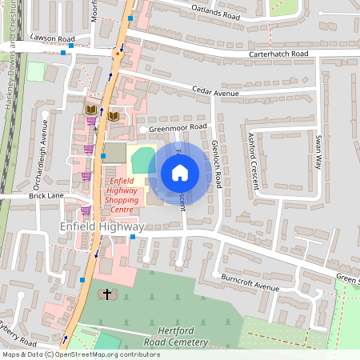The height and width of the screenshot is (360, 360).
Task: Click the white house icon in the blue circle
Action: point(180,173)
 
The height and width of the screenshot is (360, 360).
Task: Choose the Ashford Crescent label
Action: point(254,160)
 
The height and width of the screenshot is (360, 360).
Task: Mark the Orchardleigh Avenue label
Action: point(45,148)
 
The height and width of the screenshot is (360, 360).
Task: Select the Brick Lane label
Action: point(46,195)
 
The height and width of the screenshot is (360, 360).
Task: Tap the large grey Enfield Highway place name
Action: point(102,227)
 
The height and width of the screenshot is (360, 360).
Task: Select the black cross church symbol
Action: point(106,294)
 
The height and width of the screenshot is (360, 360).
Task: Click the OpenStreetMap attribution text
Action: point(81,354)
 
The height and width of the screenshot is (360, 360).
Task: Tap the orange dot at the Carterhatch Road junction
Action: point(118,55)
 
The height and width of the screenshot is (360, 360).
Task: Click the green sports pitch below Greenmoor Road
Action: point(142,159)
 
